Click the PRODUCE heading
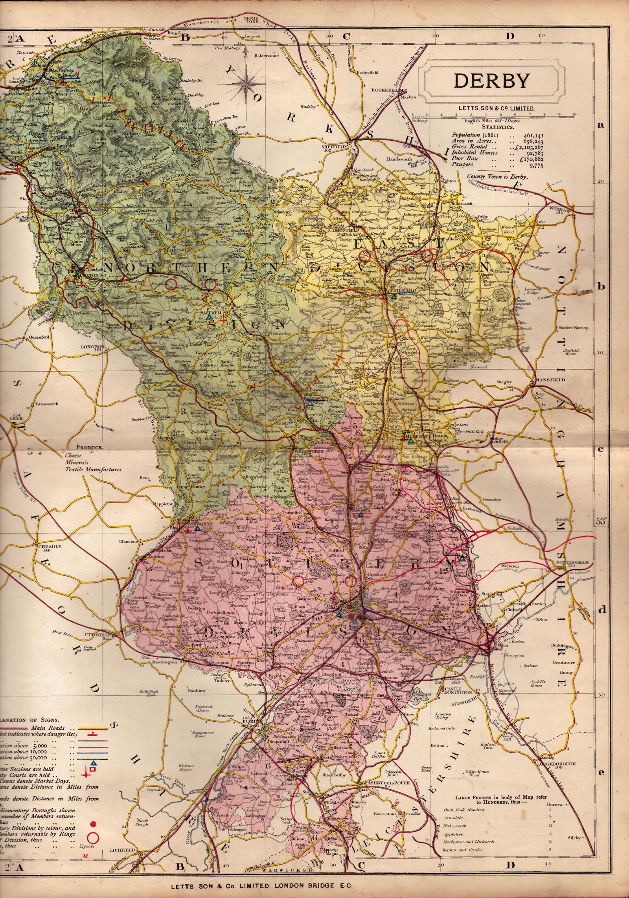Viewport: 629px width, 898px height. [89, 447]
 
